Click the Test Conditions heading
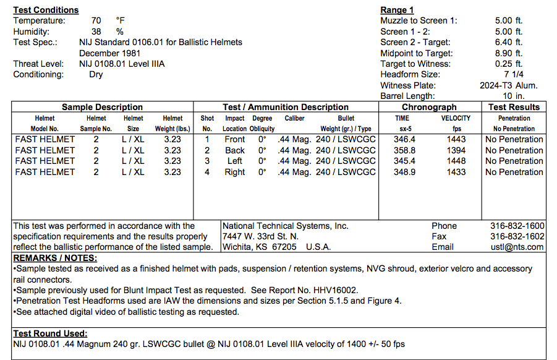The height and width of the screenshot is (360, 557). [x=46, y=10]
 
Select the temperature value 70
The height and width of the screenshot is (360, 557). [x=96, y=20]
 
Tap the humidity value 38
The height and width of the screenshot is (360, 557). [x=96, y=32]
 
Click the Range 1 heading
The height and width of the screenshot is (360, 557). [x=397, y=10]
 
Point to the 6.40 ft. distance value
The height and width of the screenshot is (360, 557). [x=509, y=42]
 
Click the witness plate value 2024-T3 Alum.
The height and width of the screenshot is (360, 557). [x=509, y=85]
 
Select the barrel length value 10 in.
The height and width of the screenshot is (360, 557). [x=512, y=96]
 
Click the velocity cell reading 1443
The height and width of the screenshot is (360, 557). [x=456, y=139]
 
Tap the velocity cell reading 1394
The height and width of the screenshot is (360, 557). [x=456, y=150]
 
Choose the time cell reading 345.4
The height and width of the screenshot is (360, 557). [x=404, y=161]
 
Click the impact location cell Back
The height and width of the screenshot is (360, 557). [x=235, y=150]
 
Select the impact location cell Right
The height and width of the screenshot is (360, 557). [x=235, y=172]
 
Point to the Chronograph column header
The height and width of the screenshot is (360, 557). [x=429, y=107]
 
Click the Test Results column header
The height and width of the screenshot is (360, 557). [x=514, y=107]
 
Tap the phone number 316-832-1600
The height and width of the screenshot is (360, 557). [x=517, y=226]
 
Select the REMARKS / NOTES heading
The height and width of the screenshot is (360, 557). [x=55, y=258]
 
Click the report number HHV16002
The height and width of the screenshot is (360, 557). [x=339, y=290]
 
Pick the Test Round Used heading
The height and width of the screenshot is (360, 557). [x=50, y=333]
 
